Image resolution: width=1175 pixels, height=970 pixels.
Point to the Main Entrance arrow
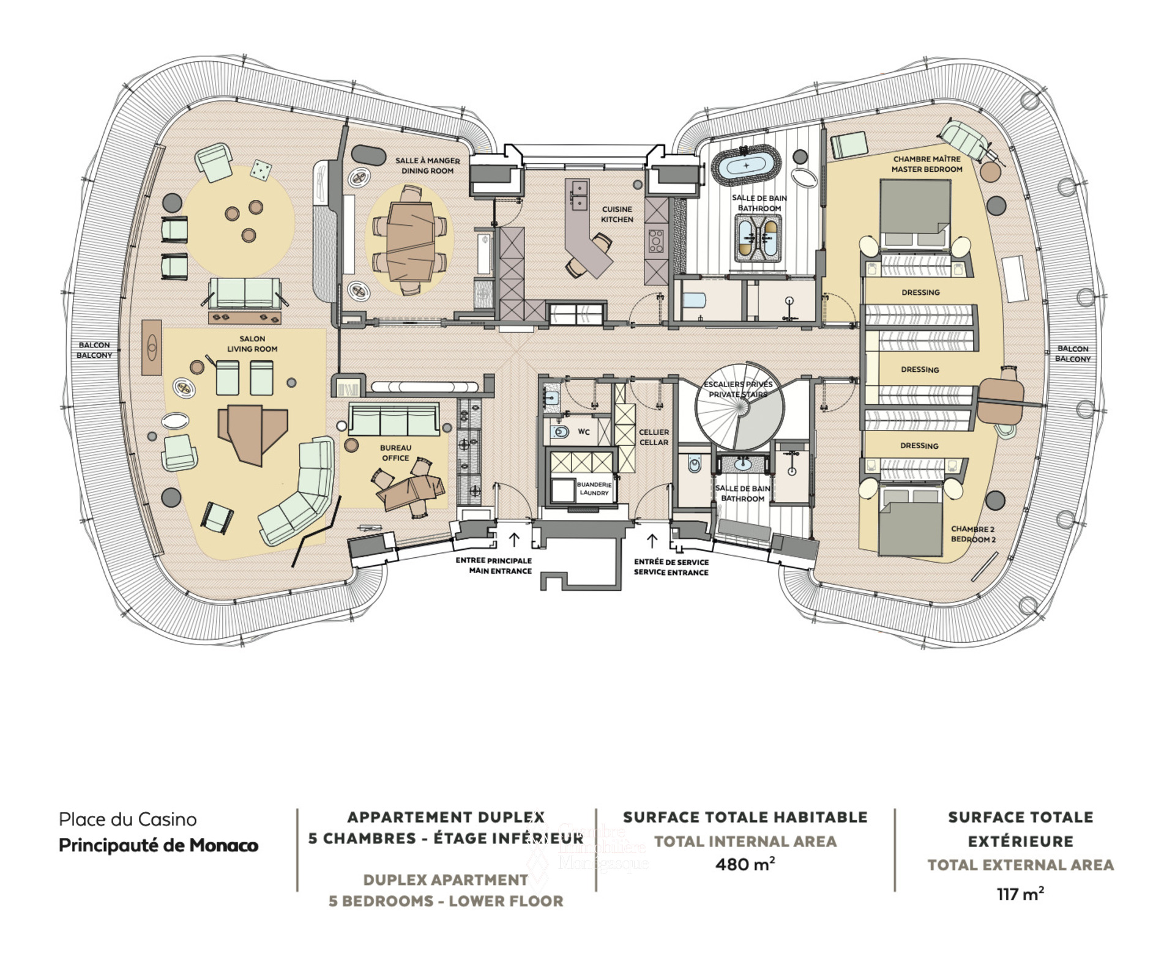coord(514,539)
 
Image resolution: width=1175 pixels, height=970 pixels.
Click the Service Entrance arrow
coord(652,541)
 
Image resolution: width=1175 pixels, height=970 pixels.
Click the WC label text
coord(584,432)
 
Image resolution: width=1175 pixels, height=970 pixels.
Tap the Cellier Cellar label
coord(654,437)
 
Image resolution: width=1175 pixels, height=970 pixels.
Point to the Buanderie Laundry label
coord(594,488)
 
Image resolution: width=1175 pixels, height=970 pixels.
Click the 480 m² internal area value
coord(745,864)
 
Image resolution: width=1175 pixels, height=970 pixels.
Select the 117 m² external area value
coord(1020,894)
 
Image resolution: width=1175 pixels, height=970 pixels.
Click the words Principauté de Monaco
coord(159,845)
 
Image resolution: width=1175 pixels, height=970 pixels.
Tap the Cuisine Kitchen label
coord(617,214)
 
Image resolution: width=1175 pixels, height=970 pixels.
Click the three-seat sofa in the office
coord(394,419)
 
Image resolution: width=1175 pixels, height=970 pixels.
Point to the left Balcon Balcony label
coord(94,350)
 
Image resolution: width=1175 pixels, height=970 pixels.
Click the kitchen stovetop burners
coord(655,240)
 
